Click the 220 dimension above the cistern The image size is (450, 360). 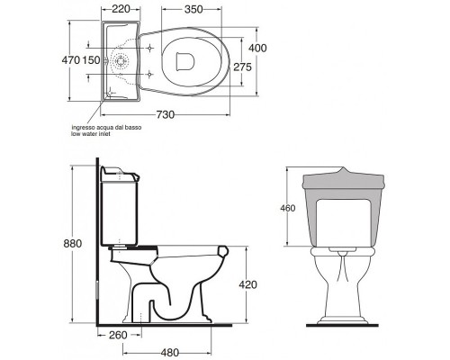[121, 9]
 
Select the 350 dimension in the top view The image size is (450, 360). [193, 9]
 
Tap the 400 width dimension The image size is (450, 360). [257, 48]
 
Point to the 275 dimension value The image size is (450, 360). [242, 67]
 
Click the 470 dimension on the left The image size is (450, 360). [71, 60]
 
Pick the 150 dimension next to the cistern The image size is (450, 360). [91, 60]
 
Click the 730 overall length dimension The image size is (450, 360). [166, 114]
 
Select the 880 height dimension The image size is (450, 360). [73, 243]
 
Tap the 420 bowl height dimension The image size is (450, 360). [248, 284]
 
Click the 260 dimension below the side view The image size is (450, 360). [118, 335]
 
